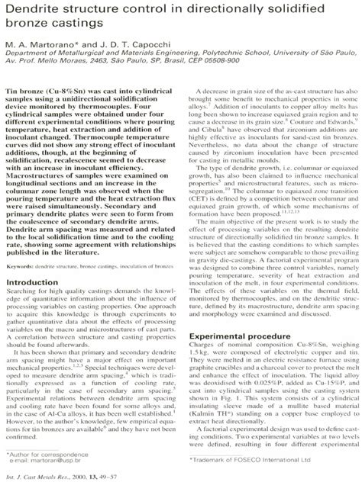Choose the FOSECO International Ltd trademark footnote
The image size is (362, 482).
coord(255,460)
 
